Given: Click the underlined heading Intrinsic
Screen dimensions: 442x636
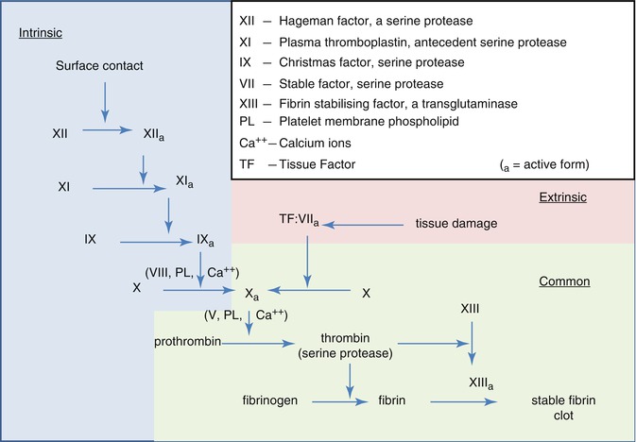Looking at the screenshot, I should tap(41, 34).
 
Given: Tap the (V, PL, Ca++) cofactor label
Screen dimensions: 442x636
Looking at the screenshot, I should tap(245, 313).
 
